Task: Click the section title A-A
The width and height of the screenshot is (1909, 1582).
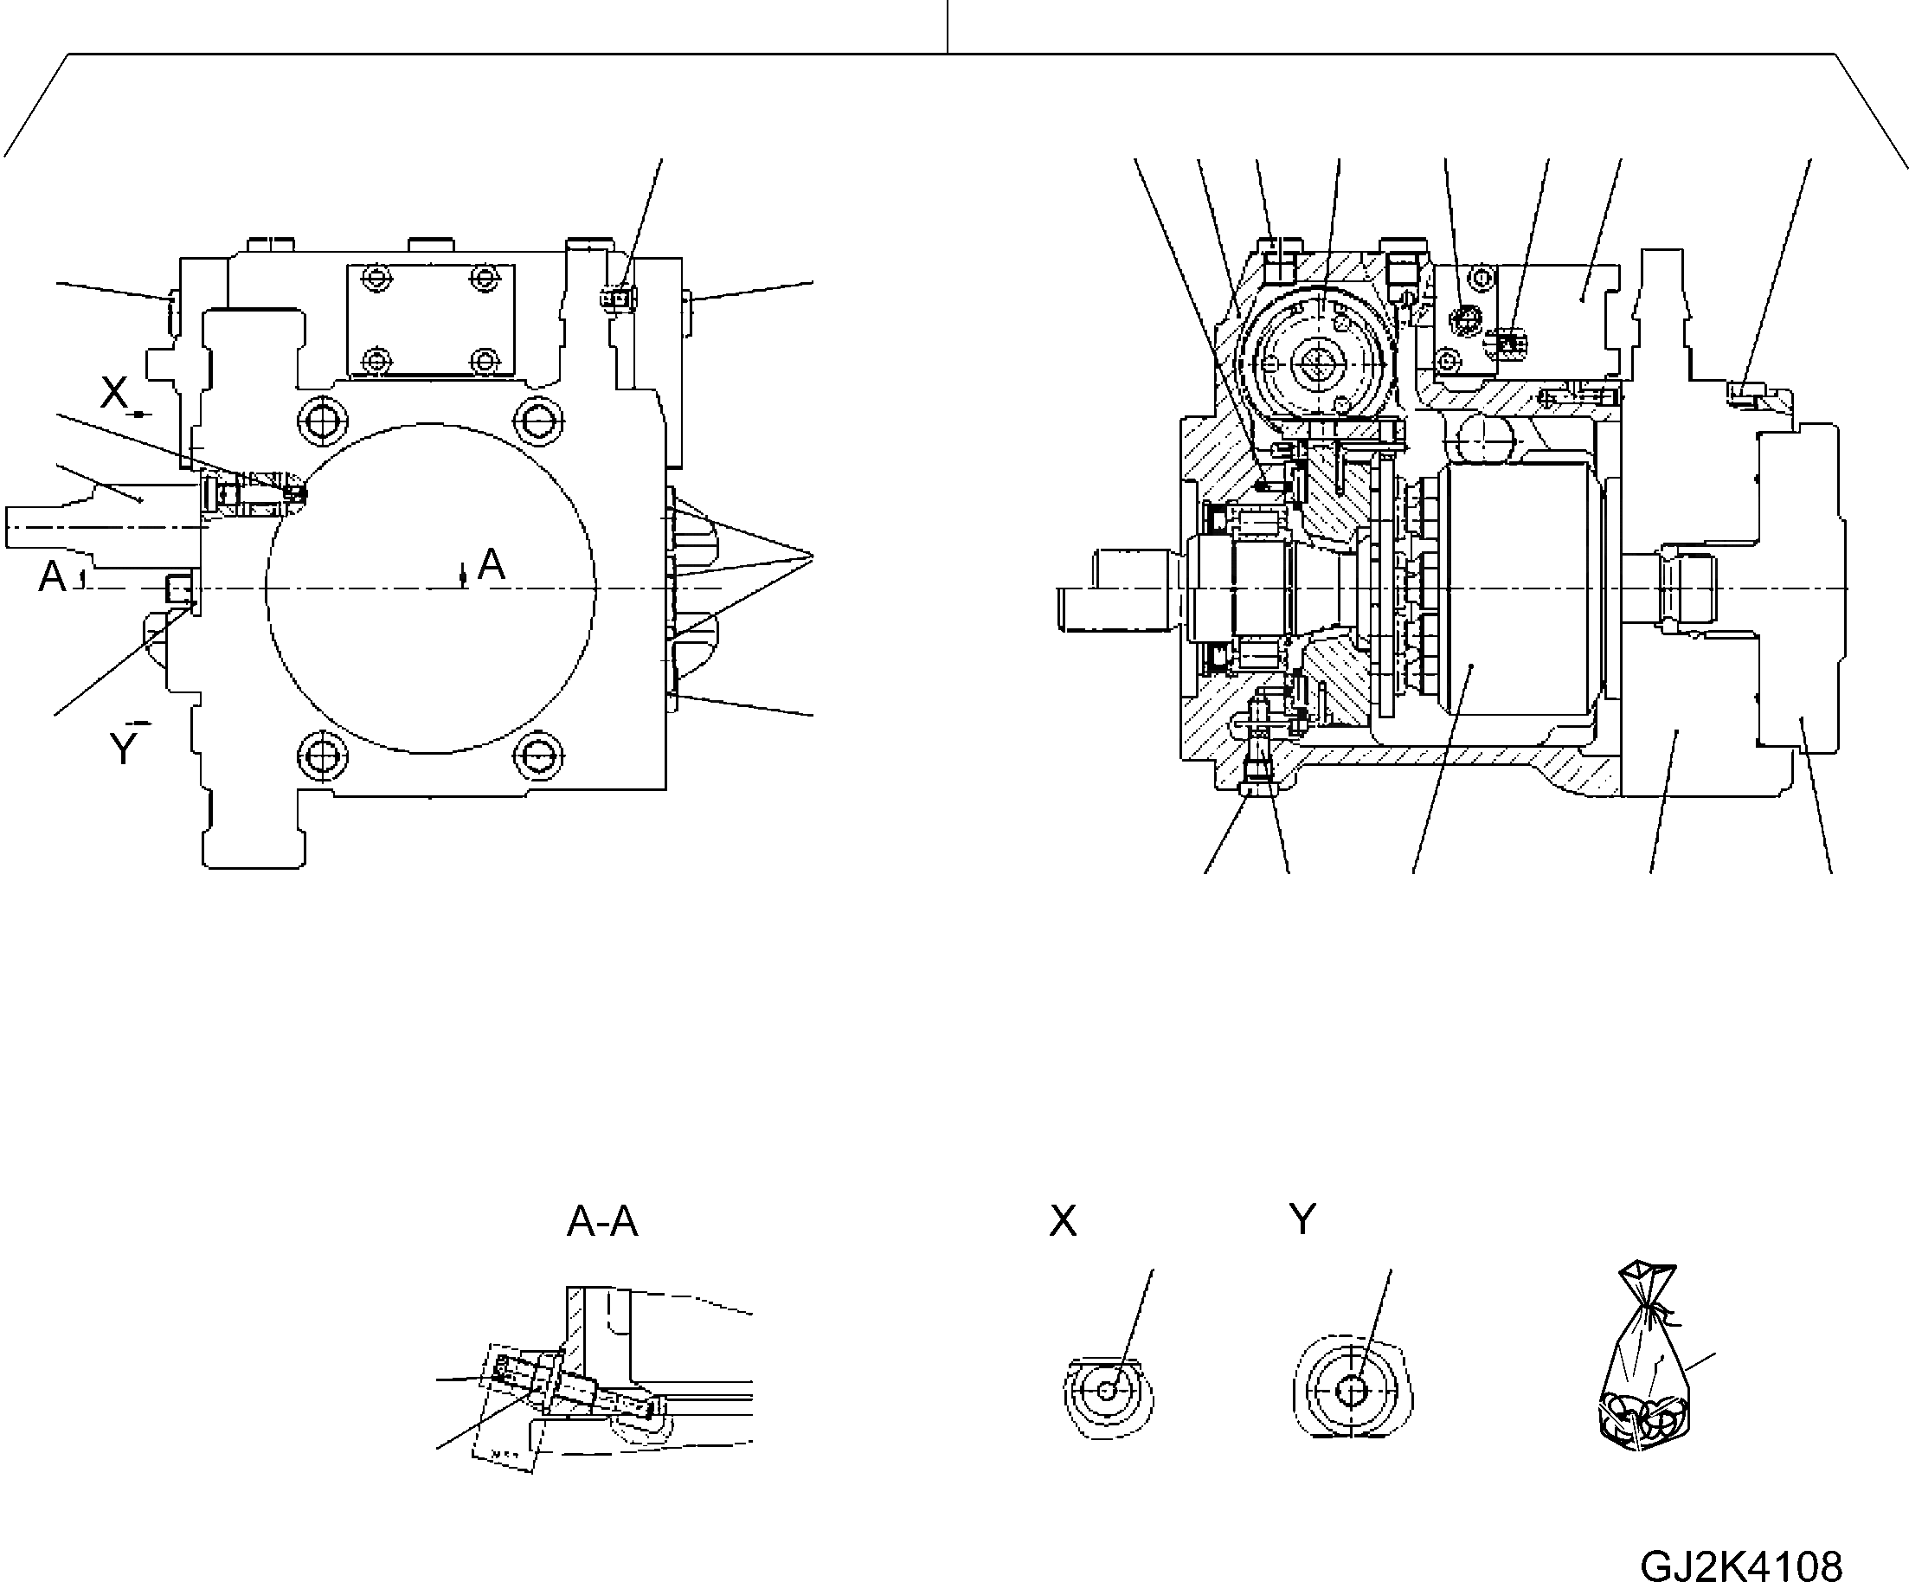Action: [x=601, y=1222]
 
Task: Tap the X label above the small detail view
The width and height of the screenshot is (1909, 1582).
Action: [x=1063, y=1221]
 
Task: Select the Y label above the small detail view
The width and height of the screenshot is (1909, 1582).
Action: [x=1302, y=1219]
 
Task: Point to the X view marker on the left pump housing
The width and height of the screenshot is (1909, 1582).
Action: [x=114, y=394]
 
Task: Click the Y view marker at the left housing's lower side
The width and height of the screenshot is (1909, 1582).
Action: [x=123, y=749]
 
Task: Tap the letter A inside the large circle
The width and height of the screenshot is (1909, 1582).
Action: [x=491, y=565]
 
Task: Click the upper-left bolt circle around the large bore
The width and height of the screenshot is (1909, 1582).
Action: [x=323, y=420]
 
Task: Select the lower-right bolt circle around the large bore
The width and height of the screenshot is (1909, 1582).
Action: [x=539, y=754]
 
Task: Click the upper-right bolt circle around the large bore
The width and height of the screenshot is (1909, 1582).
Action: [x=539, y=420]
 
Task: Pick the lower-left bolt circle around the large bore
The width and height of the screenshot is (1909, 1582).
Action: [x=323, y=754]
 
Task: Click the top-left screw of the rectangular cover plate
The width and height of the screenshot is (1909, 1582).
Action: [x=375, y=276]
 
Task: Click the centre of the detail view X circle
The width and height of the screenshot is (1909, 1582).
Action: [x=1107, y=1391]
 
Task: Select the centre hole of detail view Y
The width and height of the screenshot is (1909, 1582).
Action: [x=1352, y=1391]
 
